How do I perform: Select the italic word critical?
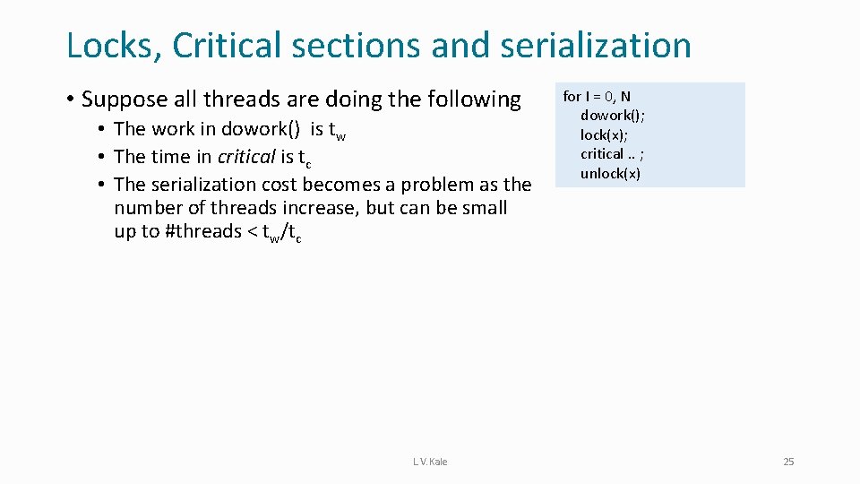(246, 157)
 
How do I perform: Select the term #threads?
(203, 231)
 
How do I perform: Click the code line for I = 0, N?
(597, 97)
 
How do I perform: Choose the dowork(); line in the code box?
(613, 116)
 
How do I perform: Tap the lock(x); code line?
(604, 134)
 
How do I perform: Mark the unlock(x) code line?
(610, 173)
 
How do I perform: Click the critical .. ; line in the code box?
(613, 153)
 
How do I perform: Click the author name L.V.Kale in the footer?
(430, 462)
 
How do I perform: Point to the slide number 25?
(788, 462)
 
